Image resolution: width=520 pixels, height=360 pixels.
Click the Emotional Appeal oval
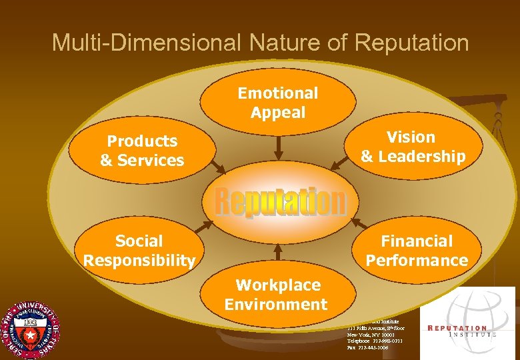tap(277, 103)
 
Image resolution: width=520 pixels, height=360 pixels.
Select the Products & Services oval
tap(142, 151)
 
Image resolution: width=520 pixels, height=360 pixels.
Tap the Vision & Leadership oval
tap(413, 147)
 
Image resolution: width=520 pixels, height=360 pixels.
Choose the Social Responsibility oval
tap(139, 250)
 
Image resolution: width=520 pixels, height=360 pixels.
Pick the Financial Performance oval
tap(416, 250)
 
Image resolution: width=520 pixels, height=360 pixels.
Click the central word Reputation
tap(280, 202)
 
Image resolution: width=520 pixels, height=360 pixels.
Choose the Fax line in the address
tap(367, 347)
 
